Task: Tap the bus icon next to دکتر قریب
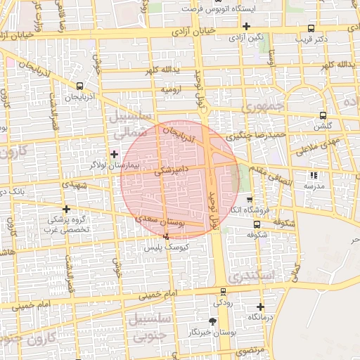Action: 311,28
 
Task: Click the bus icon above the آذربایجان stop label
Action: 79,86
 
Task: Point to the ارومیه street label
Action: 173,90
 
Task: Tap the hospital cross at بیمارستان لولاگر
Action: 114,153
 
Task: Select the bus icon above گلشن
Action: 323,115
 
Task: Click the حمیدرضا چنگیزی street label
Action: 259,134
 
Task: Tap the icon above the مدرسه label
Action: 313,176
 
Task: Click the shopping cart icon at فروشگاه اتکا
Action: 249,200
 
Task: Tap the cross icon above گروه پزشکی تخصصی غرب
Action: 66,209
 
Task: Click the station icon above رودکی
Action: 223,292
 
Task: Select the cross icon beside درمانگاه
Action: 260,307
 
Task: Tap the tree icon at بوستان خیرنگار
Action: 203,321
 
